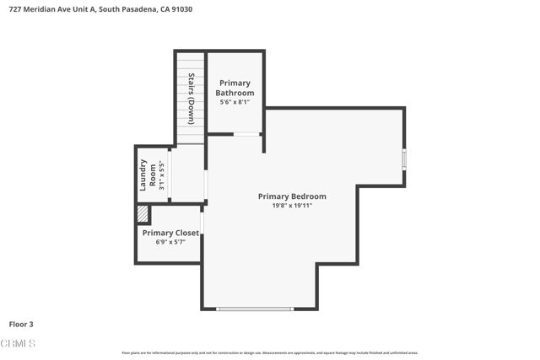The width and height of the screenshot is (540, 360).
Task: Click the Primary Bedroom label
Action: (292, 196)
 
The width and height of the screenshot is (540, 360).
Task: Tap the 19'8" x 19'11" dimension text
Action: (292, 206)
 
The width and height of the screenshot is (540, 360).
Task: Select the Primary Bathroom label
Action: (235, 88)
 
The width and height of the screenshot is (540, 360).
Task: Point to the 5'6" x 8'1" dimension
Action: (235, 102)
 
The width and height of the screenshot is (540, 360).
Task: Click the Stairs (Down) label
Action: (192, 99)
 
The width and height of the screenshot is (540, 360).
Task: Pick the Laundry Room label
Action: (148, 175)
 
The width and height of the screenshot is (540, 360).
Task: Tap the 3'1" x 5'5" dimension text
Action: (161, 175)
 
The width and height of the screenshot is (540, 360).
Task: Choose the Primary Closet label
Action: (170, 233)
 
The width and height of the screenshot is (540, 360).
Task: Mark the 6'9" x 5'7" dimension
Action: (170, 242)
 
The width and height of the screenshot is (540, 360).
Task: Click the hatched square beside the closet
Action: (143, 214)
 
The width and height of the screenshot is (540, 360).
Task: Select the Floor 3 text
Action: (22, 324)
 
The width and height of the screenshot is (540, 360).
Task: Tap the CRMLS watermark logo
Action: (18, 343)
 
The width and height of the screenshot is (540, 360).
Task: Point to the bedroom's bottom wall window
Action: (254, 309)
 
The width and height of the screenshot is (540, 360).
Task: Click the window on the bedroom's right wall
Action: (404, 159)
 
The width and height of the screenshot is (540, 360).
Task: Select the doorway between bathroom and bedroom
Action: (246, 134)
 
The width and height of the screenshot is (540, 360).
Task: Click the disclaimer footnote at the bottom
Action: (270, 352)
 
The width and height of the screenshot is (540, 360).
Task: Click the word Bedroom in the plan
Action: (308, 196)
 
